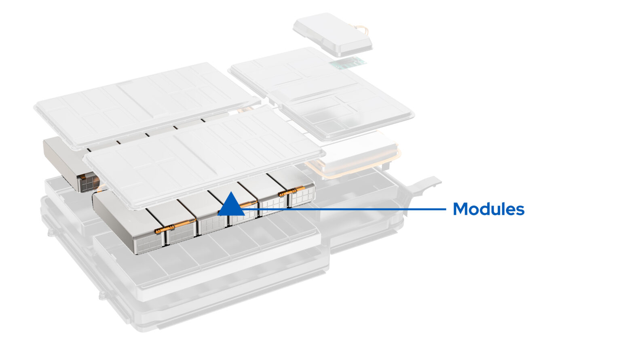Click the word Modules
(488, 209)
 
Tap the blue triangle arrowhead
(231, 204)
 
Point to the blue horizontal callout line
(344, 209)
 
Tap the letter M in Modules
(460, 209)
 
